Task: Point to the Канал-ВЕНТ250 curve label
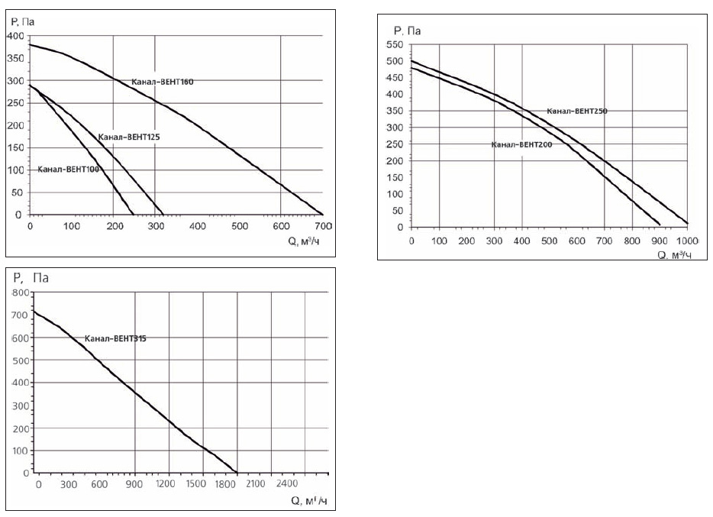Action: click(576, 111)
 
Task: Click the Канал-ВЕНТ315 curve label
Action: click(115, 338)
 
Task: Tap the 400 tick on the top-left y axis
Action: click(15, 36)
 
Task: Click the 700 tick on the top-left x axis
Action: click(322, 227)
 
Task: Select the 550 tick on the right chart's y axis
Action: click(394, 45)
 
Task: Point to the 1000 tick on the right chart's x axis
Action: click(687, 241)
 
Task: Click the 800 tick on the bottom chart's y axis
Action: click(21, 293)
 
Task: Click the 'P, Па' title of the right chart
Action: click(407, 31)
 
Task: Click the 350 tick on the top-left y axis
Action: click(15, 58)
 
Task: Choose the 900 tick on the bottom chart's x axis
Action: click(135, 484)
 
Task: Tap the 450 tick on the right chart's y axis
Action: click(394, 78)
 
